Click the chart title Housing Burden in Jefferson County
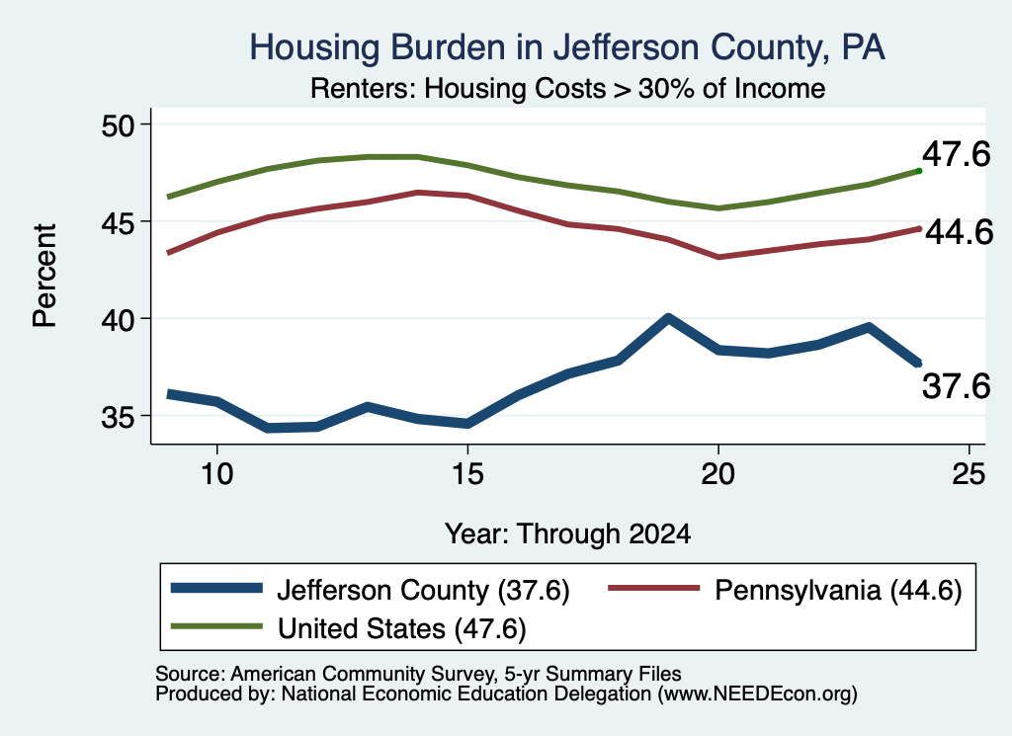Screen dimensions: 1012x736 [x=567, y=48]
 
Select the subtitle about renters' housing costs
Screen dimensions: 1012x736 [x=567, y=89]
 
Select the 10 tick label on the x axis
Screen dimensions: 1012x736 [x=216, y=474]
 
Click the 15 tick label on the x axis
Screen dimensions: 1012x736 [x=467, y=474]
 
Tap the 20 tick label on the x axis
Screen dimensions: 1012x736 [x=717, y=474]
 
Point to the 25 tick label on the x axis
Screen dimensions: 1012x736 [x=969, y=474]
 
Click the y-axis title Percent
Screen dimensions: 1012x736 [x=45, y=276]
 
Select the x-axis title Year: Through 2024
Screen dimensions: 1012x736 [x=567, y=534]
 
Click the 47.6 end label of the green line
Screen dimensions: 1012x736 [x=956, y=155]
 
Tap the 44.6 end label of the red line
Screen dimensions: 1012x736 [x=959, y=232]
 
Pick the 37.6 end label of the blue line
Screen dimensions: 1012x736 [x=956, y=387]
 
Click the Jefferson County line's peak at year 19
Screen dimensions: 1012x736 [x=668, y=318]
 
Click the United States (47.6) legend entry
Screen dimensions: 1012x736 [x=349, y=628]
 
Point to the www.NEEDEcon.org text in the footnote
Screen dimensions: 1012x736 [x=758, y=695]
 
